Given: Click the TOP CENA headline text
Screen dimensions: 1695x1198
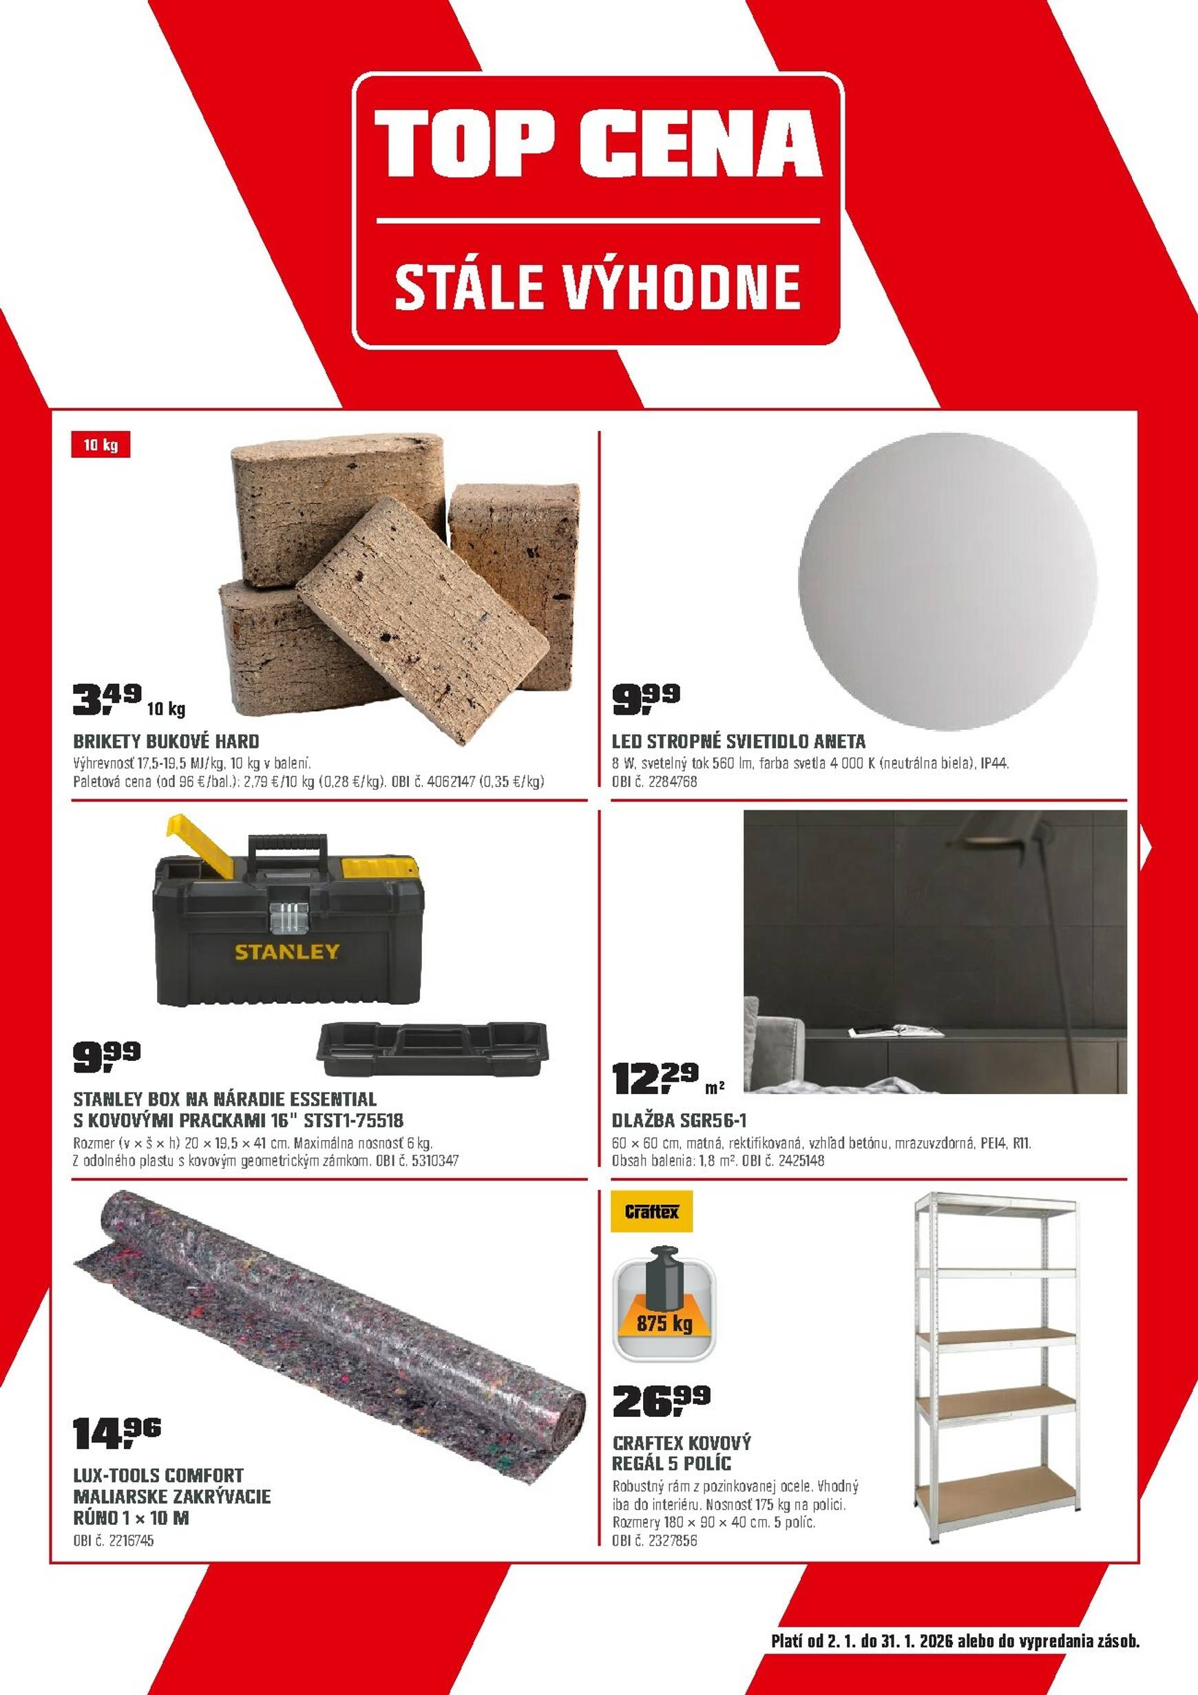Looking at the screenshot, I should point(598,143).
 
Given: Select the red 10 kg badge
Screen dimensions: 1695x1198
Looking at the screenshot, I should point(101,447).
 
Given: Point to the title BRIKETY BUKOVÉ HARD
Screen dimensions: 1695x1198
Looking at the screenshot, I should point(166,741).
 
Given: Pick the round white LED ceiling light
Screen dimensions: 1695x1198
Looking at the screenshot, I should point(948,573).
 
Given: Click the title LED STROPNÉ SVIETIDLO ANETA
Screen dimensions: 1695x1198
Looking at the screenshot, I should point(739,741).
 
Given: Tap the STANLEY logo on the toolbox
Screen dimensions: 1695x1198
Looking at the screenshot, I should point(287,951).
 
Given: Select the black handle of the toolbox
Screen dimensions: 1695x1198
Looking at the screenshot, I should point(288,845).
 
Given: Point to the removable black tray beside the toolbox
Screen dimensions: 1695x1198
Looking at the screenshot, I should point(432,1050).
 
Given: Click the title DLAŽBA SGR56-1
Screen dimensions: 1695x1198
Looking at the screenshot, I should point(679,1121).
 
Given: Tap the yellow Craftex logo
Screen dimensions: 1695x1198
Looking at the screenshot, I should point(652,1212).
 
